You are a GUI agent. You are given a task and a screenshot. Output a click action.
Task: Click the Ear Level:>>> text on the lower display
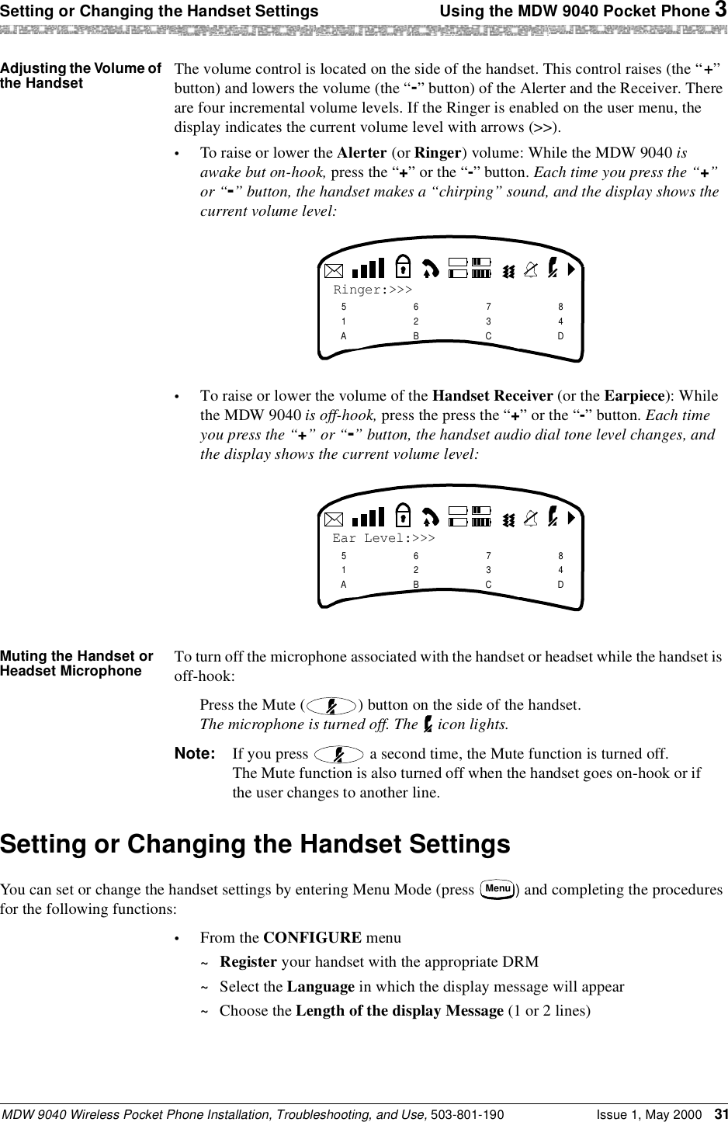383,538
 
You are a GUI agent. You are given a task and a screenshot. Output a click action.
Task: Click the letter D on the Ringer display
560,336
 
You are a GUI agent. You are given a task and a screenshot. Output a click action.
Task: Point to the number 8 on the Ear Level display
560,556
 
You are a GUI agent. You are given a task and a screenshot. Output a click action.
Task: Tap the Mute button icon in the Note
339,754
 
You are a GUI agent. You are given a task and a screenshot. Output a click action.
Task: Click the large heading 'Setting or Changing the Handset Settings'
255,843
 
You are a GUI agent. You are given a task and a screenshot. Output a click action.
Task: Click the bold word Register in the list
248,962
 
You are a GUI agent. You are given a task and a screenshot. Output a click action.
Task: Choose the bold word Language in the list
321,987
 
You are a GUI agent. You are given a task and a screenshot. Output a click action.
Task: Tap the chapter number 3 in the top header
721,11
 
